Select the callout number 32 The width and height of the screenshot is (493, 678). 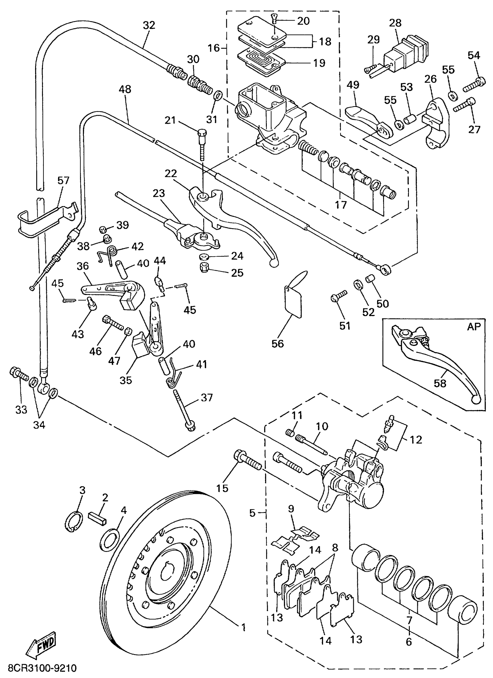149,25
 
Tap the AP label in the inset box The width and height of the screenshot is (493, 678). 474,327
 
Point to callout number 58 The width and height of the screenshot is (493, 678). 440,383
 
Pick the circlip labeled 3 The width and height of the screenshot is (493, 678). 74,522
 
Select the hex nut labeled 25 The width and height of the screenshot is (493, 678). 204,268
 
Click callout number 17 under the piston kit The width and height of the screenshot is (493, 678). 340,205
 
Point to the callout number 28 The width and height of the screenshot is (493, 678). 395,23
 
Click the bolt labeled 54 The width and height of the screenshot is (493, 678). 474,84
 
